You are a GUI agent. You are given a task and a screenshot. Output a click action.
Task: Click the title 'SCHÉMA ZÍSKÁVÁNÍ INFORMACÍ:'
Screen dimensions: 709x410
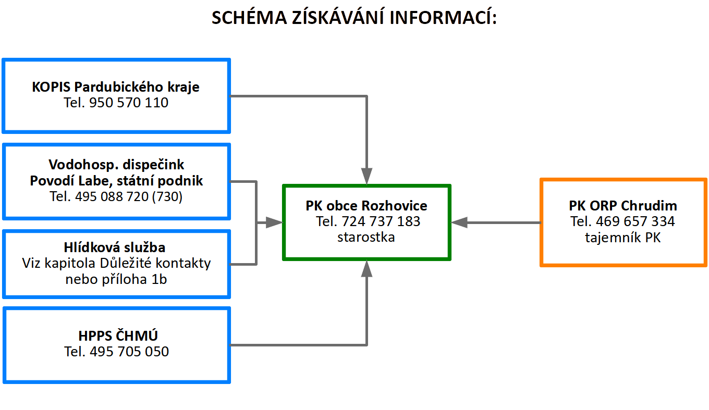click(354, 17)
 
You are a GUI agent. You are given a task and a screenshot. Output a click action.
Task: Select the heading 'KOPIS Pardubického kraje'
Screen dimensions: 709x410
click(116, 87)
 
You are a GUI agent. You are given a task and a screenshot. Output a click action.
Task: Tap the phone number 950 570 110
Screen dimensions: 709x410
click(128, 103)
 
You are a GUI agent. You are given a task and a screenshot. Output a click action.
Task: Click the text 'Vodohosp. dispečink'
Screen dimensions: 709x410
click(116, 165)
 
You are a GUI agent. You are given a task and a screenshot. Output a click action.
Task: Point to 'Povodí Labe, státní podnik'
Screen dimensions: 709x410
click(116, 181)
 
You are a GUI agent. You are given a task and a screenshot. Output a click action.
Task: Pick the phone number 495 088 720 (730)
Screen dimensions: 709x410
click(128, 197)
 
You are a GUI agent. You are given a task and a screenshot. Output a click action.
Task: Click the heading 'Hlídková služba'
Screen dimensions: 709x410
click(115, 247)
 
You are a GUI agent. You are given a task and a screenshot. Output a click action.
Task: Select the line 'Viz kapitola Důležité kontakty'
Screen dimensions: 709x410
click(116, 263)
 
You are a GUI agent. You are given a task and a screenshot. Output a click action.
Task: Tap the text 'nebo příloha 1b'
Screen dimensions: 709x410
click(116, 279)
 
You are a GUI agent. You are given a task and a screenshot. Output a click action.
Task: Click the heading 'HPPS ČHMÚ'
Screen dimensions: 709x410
click(118, 336)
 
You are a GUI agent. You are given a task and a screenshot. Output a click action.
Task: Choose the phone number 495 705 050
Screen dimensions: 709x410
click(129, 352)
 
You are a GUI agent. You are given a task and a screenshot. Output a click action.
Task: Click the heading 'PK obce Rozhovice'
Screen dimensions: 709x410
click(366, 206)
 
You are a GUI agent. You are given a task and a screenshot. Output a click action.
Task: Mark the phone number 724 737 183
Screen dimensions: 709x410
click(381, 221)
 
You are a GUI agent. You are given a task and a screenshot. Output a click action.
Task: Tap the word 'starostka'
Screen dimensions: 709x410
click(366, 237)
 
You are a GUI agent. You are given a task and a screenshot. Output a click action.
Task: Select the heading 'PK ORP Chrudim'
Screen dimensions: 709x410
click(623, 206)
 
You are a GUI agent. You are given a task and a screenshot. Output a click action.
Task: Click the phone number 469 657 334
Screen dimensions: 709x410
click(635, 221)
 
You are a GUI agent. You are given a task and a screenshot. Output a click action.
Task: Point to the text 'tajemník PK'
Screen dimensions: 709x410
click(622, 238)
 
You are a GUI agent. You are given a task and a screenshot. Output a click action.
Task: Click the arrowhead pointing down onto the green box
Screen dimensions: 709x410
click(366, 176)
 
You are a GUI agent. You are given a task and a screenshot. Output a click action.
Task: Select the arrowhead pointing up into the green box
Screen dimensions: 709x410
click(366, 269)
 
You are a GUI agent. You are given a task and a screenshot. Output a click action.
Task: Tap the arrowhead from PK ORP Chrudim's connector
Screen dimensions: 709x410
click(459, 222)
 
